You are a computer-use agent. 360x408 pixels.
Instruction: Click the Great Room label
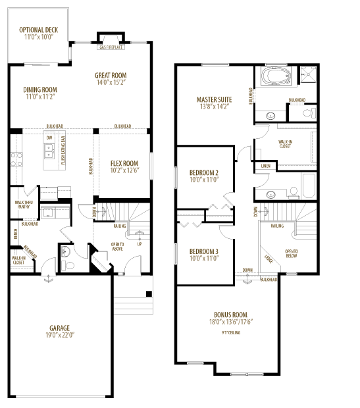pos(110,76)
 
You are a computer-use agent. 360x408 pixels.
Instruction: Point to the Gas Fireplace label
pos(110,48)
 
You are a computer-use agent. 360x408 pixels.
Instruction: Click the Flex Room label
pos(123,164)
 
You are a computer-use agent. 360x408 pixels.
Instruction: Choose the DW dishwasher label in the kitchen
pos(49,137)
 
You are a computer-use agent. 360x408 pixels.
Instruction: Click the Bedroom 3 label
pos(203,251)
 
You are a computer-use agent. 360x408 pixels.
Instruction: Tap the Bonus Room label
pos(230,314)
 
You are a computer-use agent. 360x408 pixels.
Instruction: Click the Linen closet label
pos(265,166)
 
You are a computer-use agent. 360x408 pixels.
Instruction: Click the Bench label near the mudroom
pos(14,232)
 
